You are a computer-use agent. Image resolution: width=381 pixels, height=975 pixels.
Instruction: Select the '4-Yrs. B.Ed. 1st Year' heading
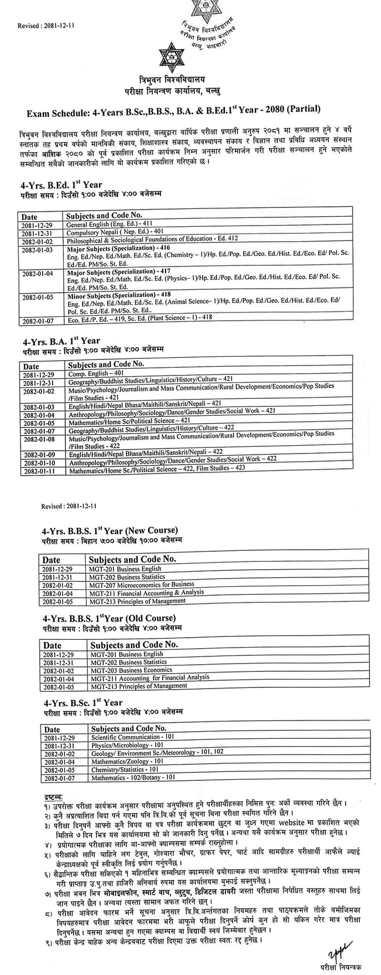[x=61, y=185]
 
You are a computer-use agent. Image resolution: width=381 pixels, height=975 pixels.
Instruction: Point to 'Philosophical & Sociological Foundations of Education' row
[x=152, y=239]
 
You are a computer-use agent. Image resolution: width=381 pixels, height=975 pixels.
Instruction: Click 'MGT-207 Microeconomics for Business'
[x=141, y=584]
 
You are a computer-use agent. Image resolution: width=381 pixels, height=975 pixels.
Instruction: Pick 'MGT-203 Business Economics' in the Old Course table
[x=131, y=670]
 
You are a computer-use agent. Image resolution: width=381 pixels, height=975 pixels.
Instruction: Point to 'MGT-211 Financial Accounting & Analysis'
[x=146, y=592]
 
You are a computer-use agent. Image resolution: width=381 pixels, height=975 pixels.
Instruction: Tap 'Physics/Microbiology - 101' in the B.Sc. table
[x=121, y=745]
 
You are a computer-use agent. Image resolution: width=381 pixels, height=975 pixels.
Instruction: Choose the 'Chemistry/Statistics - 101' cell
[x=125, y=769]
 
